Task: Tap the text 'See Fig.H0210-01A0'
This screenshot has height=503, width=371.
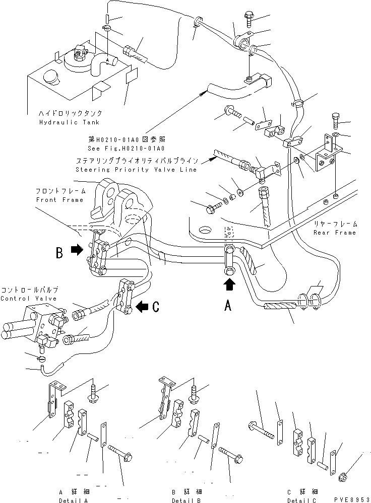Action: tap(133, 149)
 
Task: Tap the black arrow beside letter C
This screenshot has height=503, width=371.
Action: tap(143, 305)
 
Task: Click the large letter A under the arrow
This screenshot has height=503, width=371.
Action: tap(228, 305)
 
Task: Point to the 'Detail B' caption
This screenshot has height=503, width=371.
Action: tap(186, 500)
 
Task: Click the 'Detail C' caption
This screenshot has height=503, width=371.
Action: tap(303, 500)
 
